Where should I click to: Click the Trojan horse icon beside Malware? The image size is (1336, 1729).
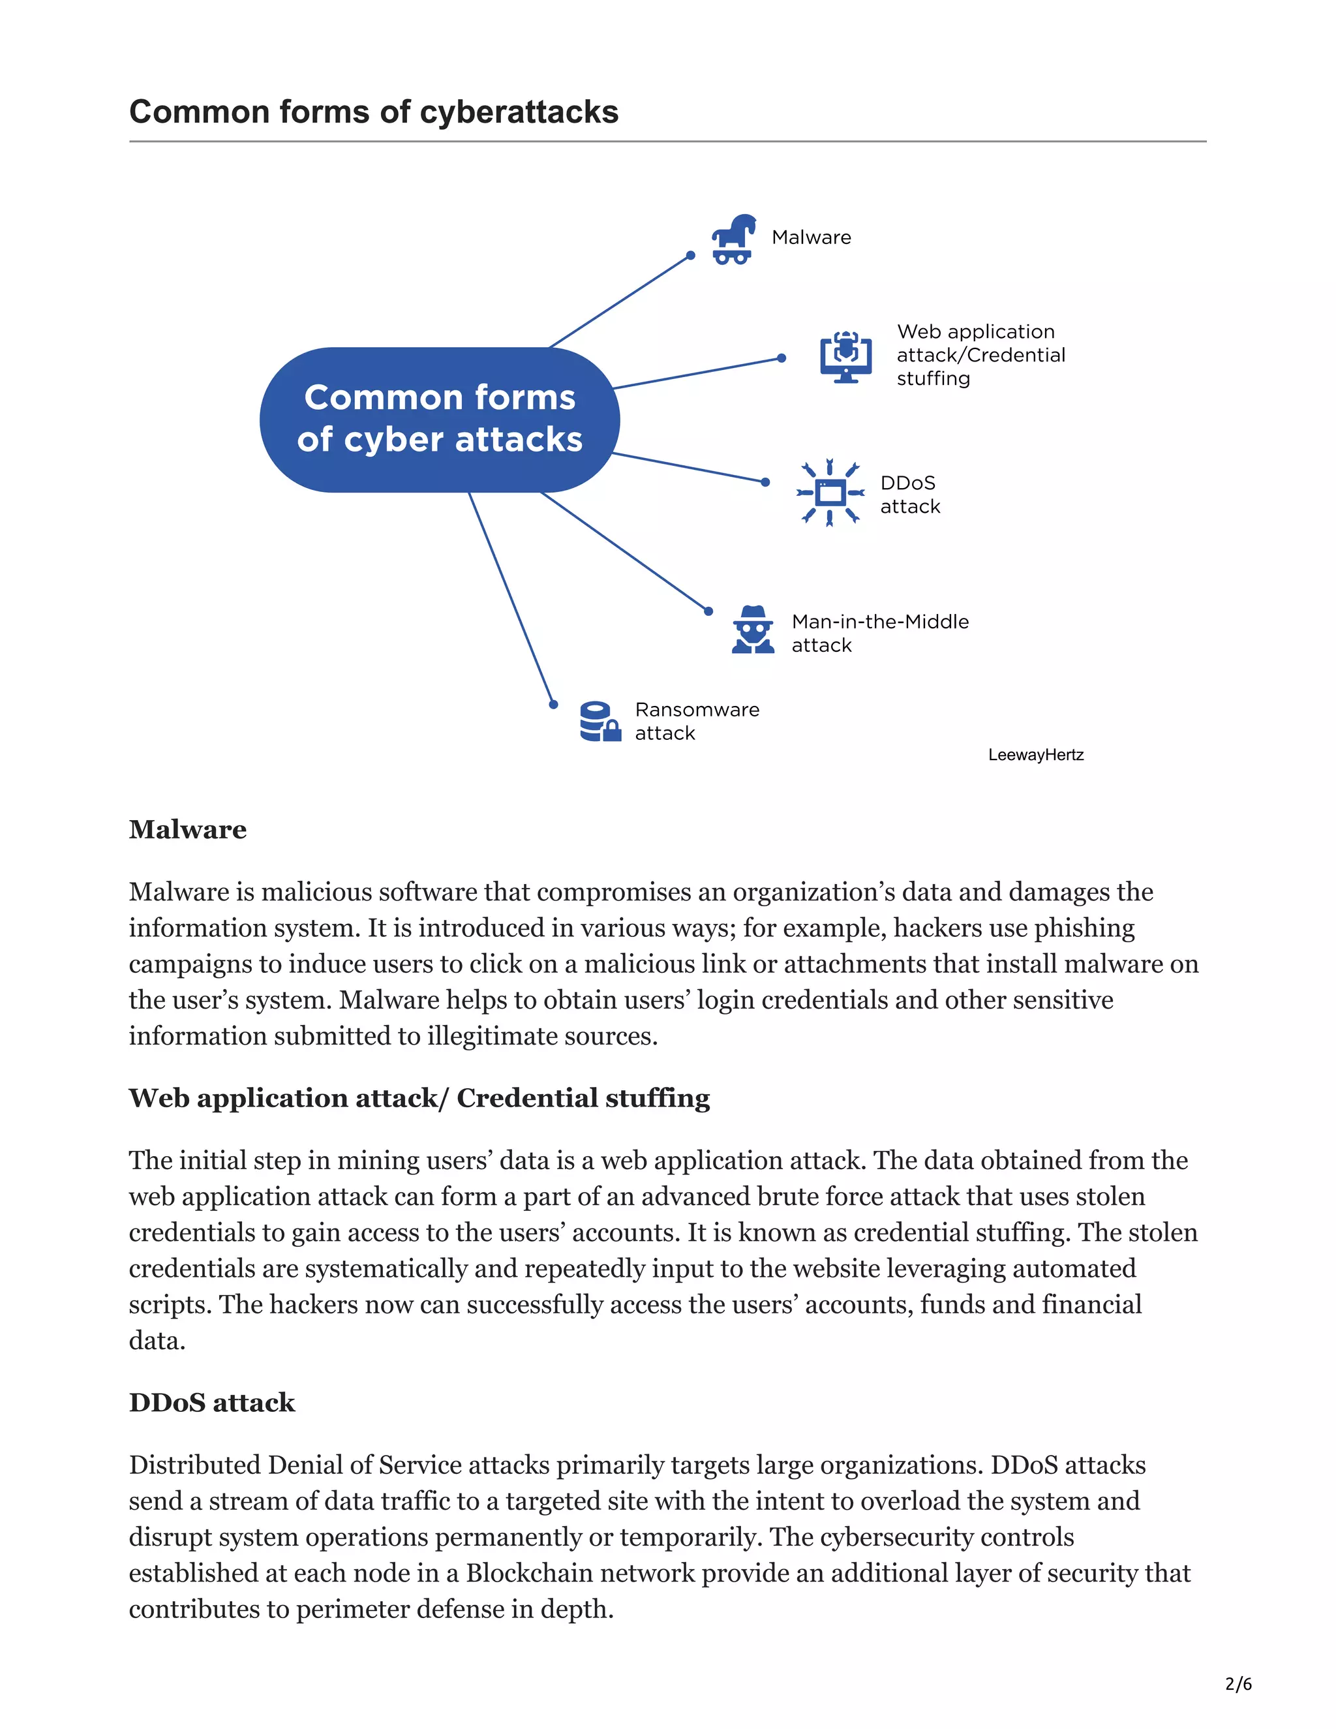pyautogui.click(x=733, y=238)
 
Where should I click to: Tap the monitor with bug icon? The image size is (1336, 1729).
pyautogui.click(x=845, y=356)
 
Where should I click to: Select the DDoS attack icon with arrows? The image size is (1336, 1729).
pyautogui.click(x=830, y=493)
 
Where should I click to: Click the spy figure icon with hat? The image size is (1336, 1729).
pyautogui.click(x=753, y=630)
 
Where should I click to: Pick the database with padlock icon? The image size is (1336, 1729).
pyautogui.click(x=599, y=721)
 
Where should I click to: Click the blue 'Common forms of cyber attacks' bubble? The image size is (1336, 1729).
pyautogui.click(x=439, y=419)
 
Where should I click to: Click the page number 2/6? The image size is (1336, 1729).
pyautogui.click(x=1238, y=1683)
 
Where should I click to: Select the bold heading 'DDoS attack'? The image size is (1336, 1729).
pyautogui.click(x=211, y=1402)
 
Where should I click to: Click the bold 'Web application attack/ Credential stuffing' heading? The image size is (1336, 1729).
pyautogui.click(x=419, y=1098)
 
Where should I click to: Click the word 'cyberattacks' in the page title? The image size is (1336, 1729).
pyautogui.click(x=519, y=112)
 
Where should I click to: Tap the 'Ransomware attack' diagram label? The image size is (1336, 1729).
pyautogui.click(x=697, y=721)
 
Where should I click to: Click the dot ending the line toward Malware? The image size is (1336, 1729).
pyautogui.click(x=690, y=256)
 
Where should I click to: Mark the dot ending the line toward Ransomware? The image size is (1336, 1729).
pyautogui.click(x=553, y=705)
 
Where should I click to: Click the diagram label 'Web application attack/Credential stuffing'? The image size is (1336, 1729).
pyautogui.click(x=980, y=355)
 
